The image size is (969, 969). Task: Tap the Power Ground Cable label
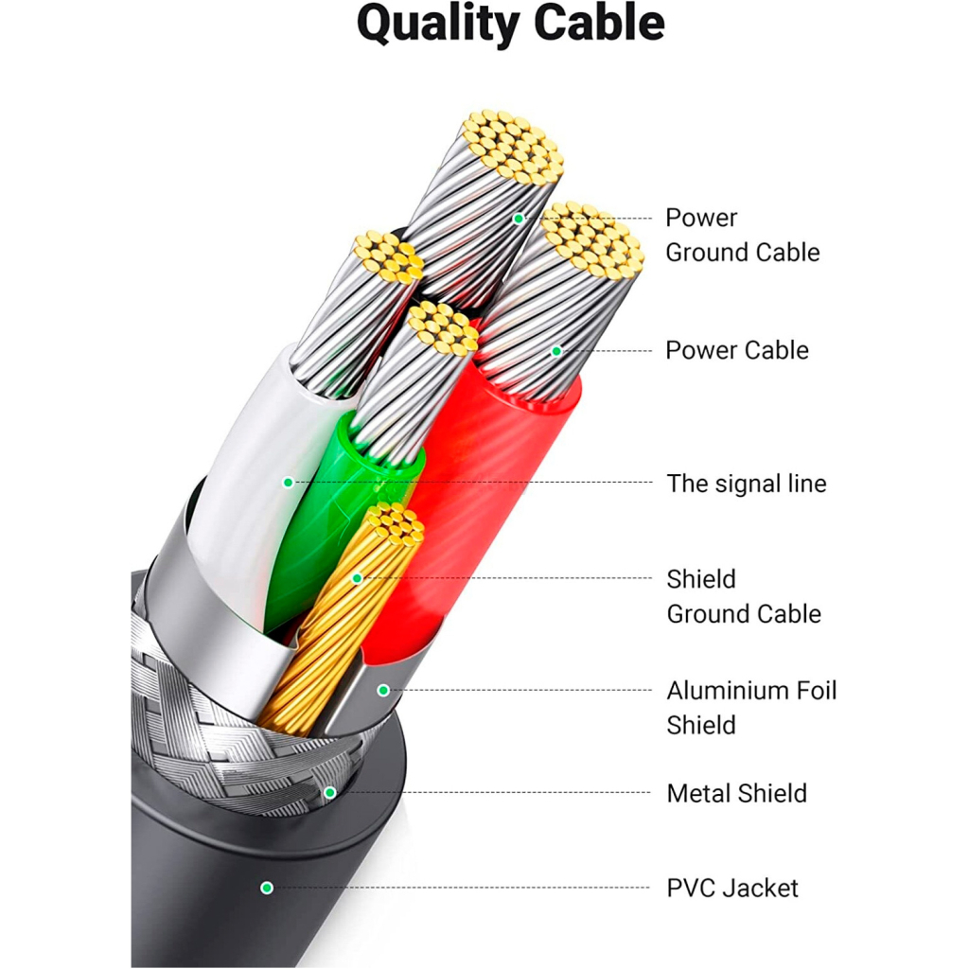[742, 235]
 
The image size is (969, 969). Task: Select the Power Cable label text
[737, 350]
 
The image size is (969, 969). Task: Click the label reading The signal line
[746, 484]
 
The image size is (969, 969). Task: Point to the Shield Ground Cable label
[743, 596]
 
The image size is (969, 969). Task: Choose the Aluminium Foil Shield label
[751, 708]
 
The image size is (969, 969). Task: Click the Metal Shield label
[736, 793]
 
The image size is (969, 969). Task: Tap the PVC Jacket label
[732, 888]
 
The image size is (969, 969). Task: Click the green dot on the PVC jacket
[267, 888]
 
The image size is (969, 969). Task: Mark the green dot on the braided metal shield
[330, 792]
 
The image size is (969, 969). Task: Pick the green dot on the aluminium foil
[383, 690]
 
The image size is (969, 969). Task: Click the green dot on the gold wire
[357, 578]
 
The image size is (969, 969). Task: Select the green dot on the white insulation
[288, 483]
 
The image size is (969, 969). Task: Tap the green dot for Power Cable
[556, 351]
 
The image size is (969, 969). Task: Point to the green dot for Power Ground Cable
[519, 219]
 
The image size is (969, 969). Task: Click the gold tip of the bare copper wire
[392, 525]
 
